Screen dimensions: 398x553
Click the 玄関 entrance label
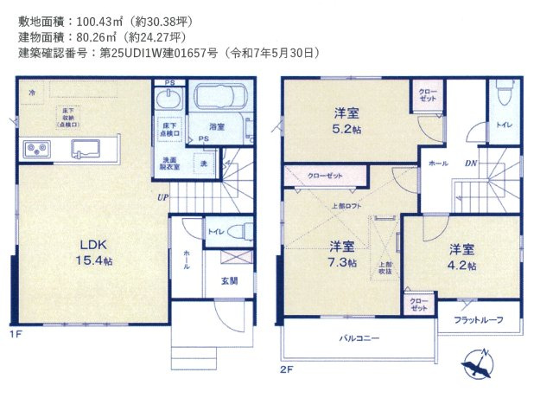click(228, 281)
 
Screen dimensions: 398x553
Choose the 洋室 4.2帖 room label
click(461, 257)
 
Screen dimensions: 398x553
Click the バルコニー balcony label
click(359, 338)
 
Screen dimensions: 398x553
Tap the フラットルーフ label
click(478, 320)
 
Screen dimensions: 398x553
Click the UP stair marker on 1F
click(162, 197)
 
